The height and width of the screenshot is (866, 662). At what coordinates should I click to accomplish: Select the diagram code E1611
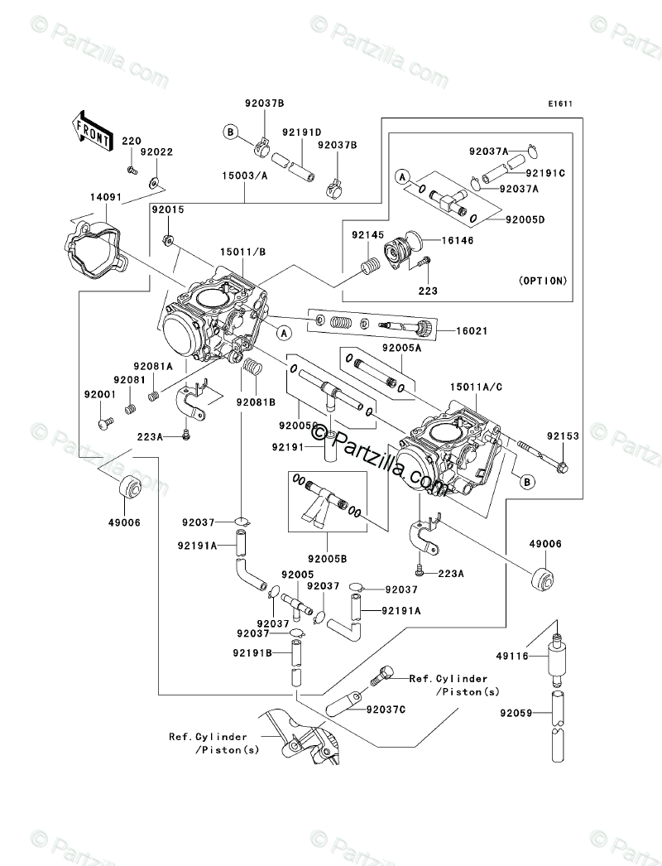tap(560, 103)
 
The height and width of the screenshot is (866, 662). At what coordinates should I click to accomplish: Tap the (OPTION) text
tap(543, 281)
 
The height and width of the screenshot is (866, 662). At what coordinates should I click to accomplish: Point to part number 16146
tap(458, 240)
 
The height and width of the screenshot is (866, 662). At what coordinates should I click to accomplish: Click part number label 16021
tap(472, 331)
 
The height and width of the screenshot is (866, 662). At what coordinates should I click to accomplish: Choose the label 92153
tap(564, 435)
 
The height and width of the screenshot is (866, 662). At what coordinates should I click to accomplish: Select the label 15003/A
tap(245, 176)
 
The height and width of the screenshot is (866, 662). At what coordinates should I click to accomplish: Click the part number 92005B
tap(328, 559)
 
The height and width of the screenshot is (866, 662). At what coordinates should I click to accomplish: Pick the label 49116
tap(512, 657)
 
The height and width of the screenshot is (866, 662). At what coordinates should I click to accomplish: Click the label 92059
tap(516, 713)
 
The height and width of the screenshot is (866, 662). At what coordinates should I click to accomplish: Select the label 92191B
tap(252, 653)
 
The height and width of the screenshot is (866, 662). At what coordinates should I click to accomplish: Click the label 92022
tap(156, 152)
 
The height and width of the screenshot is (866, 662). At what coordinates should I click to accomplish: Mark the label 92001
tap(100, 395)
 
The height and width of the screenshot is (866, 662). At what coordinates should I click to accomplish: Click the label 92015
tap(169, 209)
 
